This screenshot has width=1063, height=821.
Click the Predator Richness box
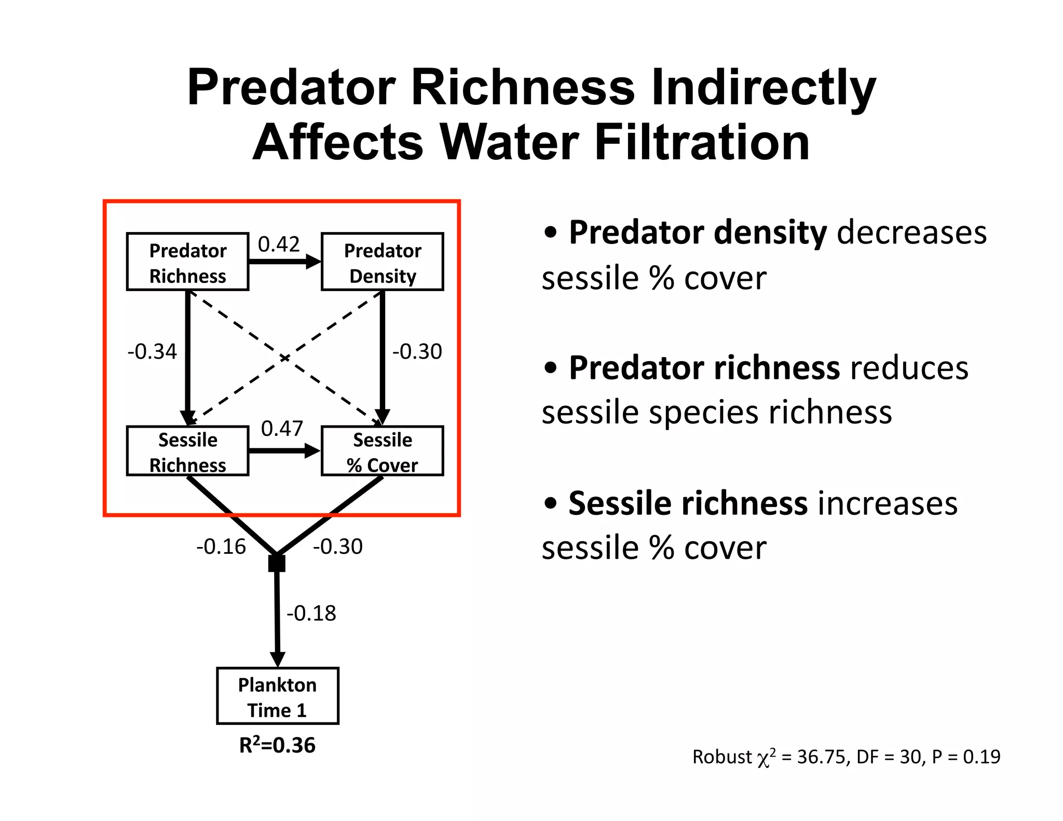(x=187, y=262)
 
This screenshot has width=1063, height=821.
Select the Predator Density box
(x=382, y=262)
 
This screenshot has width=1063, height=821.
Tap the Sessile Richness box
(x=187, y=451)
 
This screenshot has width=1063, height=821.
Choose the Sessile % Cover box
(x=382, y=451)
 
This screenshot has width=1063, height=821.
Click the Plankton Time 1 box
(x=277, y=696)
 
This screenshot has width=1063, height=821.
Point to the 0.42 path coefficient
(x=279, y=244)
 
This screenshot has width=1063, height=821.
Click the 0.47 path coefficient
(x=281, y=428)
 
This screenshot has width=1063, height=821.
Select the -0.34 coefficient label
(x=152, y=351)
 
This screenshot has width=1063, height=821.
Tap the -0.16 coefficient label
(x=221, y=546)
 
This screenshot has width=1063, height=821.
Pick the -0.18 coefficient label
(x=311, y=613)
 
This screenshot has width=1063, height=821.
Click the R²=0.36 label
(x=277, y=745)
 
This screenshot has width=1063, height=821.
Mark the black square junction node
(x=277, y=563)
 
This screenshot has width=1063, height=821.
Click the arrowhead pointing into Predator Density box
(x=314, y=262)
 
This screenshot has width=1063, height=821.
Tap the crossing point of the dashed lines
(x=284, y=358)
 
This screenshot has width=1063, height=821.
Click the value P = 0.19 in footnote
(x=966, y=757)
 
